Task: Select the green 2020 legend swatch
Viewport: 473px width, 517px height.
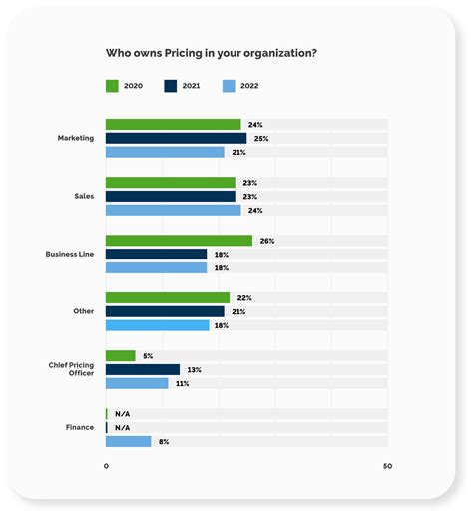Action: tap(113, 86)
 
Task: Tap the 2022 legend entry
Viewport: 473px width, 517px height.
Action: tap(239, 86)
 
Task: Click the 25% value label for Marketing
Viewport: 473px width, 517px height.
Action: tap(261, 139)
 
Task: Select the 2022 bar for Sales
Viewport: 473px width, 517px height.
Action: tap(173, 211)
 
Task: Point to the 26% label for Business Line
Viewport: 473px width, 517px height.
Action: tap(267, 241)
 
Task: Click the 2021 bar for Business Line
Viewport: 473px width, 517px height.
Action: tap(156, 255)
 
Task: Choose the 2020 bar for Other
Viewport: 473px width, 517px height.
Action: tap(167, 298)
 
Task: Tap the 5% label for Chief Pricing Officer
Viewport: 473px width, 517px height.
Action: tap(148, 356)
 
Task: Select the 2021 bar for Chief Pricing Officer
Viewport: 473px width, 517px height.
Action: tap(142, 370)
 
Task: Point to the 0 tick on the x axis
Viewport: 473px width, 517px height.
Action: tap(106, 466)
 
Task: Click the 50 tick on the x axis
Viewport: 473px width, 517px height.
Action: tap(387, 466)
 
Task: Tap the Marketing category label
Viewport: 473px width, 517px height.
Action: tap(76, 138)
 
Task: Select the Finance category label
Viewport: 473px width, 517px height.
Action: tap(80, 428)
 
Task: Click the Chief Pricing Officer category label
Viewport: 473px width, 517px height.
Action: tap(71, 370)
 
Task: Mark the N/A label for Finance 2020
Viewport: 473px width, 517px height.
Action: tap(123, 414)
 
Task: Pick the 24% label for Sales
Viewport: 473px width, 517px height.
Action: tap(255, 211)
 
